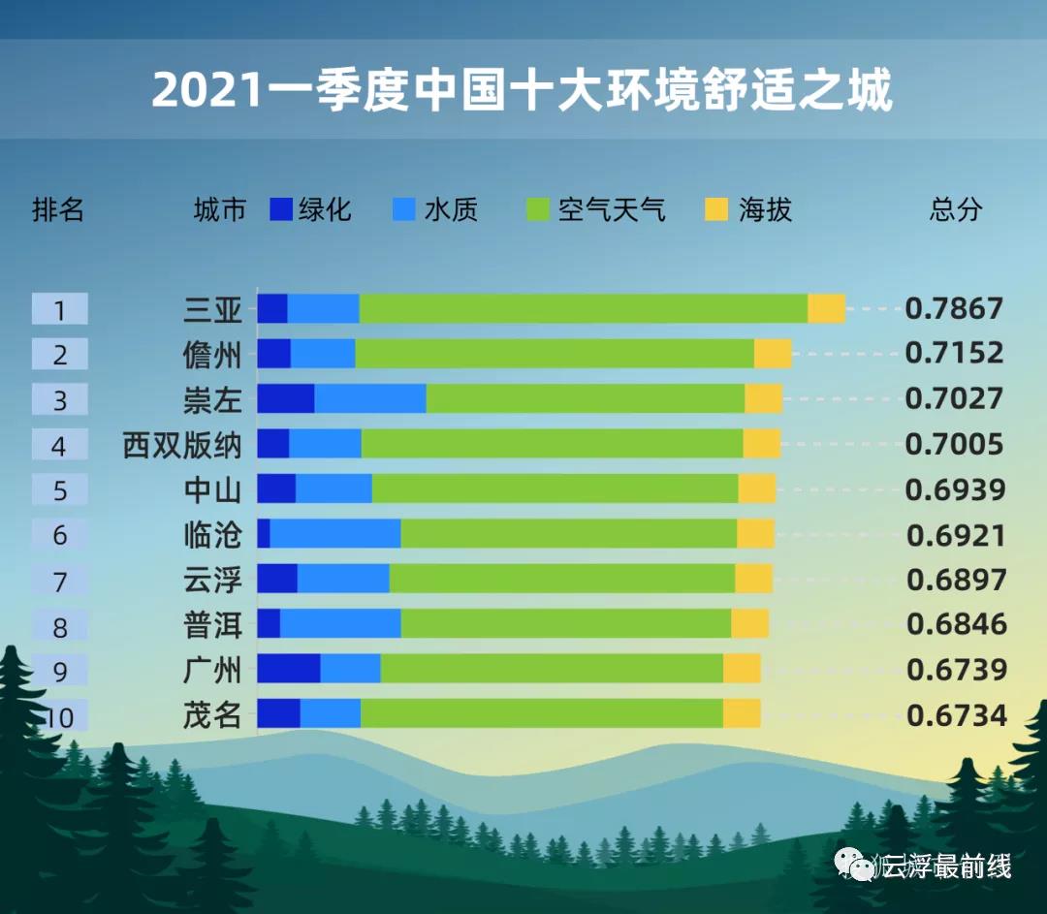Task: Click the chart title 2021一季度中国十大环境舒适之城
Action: pos(522,90)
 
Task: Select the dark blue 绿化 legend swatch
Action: pos(281,209)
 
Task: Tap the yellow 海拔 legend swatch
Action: pos(716,209)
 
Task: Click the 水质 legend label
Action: pos(451,209)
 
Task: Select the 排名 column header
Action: pos(58,209)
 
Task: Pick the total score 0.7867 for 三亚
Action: pos(954,308)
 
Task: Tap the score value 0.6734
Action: pos(957,715)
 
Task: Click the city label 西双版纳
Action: pos(181,445)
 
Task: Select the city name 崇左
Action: pos(212,399)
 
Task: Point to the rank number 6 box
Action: pos(60,534)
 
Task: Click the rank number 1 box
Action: pos(60,309)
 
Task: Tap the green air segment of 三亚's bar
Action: pos(583,308)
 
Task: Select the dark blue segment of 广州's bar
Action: pos(288,669)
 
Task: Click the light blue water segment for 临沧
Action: pos(335,534)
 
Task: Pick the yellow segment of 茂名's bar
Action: pos(742,714)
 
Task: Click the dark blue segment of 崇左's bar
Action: pos(285,398)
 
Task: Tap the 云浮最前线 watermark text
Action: pos(945,866)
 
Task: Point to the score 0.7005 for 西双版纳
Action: pos(954,444)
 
